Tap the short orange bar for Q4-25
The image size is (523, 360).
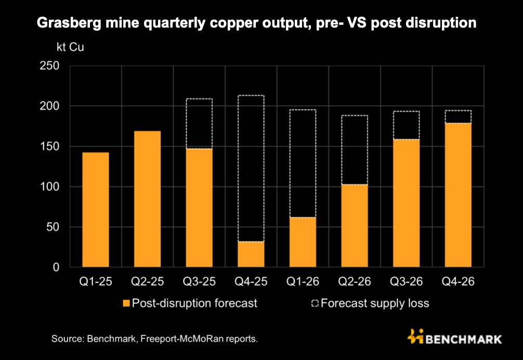[x=251, y=254]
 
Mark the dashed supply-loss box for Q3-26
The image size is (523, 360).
[x=406, y=125]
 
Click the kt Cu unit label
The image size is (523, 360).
[x=70, y=46]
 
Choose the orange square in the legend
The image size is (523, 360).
[x=125, y=303]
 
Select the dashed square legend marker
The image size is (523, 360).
[x=316, y=303]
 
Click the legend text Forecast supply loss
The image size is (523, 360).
[x=375, y=303]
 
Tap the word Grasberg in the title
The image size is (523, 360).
[x=62, y=23]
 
